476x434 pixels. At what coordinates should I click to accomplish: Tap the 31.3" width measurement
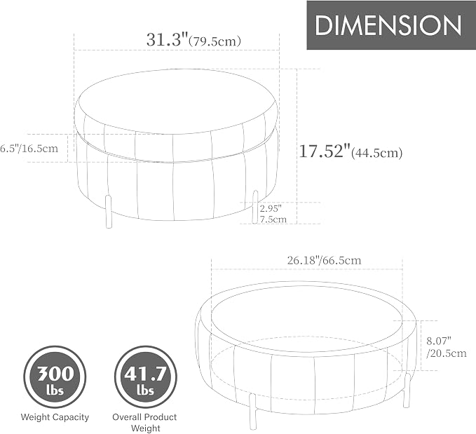(x=168, y=39)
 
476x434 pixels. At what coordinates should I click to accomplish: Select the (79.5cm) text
(x=215, y=41)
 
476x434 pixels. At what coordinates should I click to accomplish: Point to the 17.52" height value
(x=325, y=151)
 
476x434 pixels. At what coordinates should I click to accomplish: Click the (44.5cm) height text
(x=376, y=152)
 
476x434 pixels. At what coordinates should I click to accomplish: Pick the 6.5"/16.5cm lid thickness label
(x=29, y=149)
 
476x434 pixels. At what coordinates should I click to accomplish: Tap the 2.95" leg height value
(x=271, y=209)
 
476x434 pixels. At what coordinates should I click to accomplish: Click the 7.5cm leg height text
(x=273, y=219)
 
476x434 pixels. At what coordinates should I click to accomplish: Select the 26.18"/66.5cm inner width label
(x=324, y=260)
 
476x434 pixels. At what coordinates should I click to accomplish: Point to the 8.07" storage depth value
(x=439, y=341)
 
